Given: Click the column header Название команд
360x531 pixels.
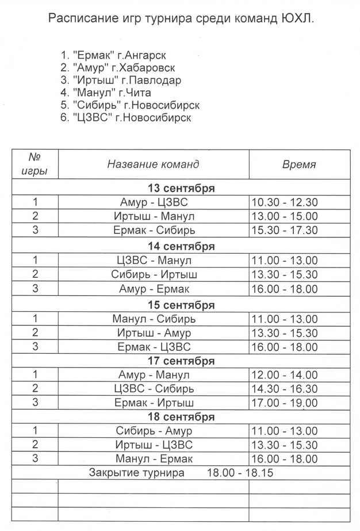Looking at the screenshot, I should click(x=153, y=164).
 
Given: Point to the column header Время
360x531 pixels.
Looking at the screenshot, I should click(x=299, y=164).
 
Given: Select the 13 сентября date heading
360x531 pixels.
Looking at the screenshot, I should click(x=181, y=188).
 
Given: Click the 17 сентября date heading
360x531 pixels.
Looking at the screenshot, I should click(x=181, y=361).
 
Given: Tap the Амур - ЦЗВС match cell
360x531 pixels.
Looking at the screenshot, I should click(x=154, y=203).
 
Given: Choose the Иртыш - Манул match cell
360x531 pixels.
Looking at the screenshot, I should click(x=154, y=216).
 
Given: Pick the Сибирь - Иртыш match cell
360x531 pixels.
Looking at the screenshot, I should click(x=154, y=274).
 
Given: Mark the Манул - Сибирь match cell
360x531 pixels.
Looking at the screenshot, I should click(x=154, y=319).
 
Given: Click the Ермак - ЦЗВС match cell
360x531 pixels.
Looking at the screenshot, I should click(x=154, y=347).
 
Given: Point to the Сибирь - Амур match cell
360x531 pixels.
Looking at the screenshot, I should click(x=154, y=431).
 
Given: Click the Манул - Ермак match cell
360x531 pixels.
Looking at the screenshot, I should click(x=154, y=459).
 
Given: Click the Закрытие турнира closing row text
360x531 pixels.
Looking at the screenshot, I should click(x=137, y=473).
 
